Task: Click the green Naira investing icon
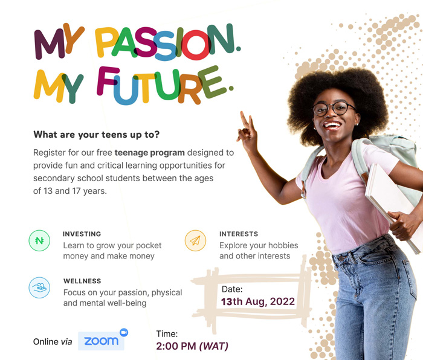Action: coord(39,240)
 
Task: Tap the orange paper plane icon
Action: coord(195,240)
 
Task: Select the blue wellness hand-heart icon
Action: coord(39,288)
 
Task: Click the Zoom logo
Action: coord(103,340)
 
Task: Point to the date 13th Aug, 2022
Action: coord(258,301)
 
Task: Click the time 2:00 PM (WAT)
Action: coord(192,346)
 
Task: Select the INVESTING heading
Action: coord(82,234)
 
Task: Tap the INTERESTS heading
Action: coord(239,234)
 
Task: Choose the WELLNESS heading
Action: coord(82,281)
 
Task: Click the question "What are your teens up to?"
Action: coord(96,134)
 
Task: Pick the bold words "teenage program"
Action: coord(149,153)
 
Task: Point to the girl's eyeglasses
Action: coord(334,108)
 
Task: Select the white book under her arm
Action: coord(393,205)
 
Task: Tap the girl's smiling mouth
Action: coord(332,126)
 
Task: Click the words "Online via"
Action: coord(53,342)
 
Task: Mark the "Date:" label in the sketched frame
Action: coord(232,289)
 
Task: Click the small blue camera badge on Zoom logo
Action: coord(124,332)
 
